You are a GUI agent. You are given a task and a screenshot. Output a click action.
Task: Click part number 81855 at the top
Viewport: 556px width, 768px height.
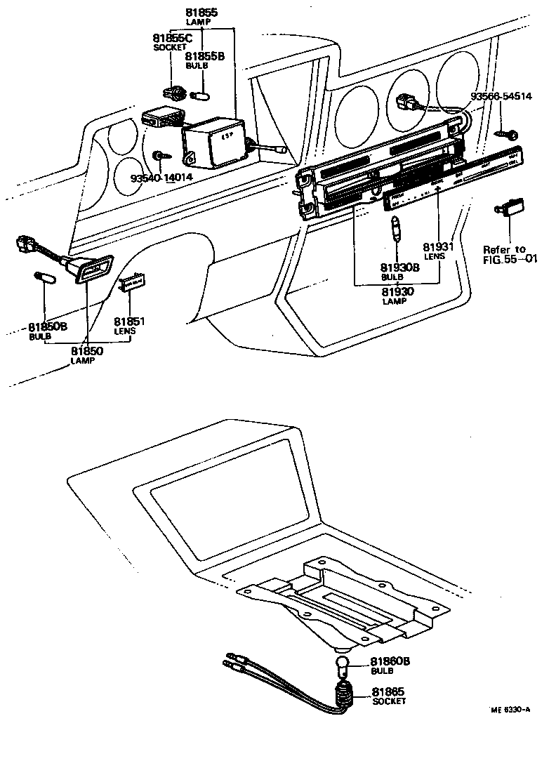tap(201, 13)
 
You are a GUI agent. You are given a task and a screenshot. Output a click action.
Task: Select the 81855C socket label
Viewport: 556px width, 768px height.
tap(172, 38)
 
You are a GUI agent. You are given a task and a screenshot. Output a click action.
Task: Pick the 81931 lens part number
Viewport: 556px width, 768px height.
tap(438, 247)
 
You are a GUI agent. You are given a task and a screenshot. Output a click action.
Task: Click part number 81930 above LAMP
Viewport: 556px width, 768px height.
tap(398, 291)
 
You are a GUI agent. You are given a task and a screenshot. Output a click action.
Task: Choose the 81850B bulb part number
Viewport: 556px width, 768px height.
tap(48, 326)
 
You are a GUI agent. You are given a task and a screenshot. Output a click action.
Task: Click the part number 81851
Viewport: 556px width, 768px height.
tap(129, 322)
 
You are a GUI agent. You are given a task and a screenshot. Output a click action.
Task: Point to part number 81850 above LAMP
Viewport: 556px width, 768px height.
tap(88, 350)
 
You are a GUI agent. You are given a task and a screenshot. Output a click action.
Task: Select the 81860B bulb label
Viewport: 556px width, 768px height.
tap(390, 661)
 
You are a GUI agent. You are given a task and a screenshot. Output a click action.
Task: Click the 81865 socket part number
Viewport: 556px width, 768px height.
tap(388, 691)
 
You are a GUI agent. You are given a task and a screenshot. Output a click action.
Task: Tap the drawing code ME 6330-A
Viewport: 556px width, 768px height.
tap(510, 710)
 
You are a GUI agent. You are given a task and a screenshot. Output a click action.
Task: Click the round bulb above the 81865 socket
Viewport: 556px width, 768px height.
tap(342, 663)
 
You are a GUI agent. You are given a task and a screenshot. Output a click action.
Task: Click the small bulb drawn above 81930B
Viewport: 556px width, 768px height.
tap(397, 230)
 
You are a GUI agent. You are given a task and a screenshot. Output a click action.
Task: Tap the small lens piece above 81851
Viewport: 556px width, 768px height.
tap(131, 283)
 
